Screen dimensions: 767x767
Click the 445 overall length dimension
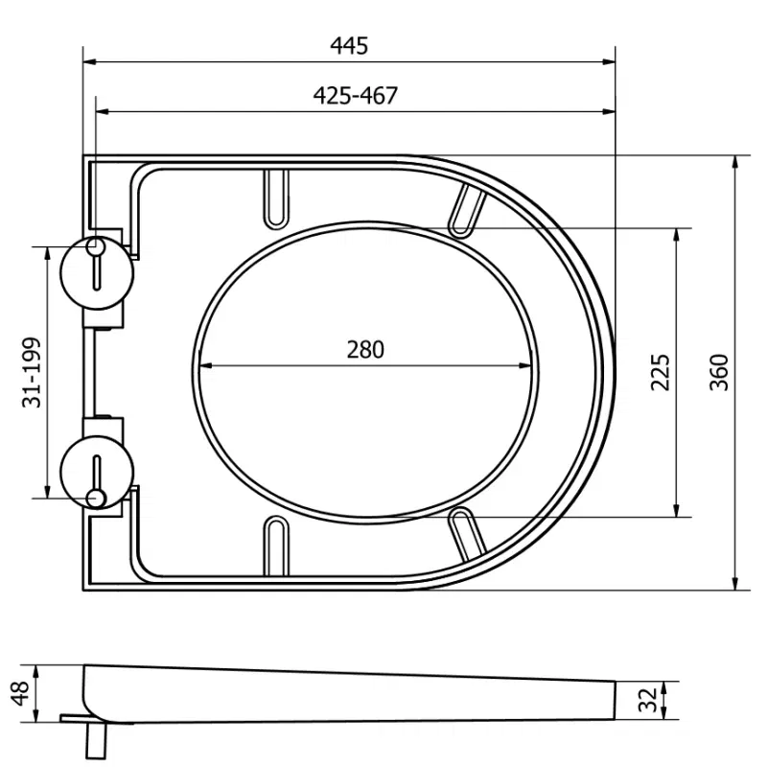click(x=349, y=45)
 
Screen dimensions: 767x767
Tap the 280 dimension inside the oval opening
click(x=364, y=349)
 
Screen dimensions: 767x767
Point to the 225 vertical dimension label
click(x=661, y=372)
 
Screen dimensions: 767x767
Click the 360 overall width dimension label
click(x=720, y=372)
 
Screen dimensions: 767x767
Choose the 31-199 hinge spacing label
click(x=32, y=372)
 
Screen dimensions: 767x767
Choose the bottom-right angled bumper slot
click(x=467, y=537)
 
